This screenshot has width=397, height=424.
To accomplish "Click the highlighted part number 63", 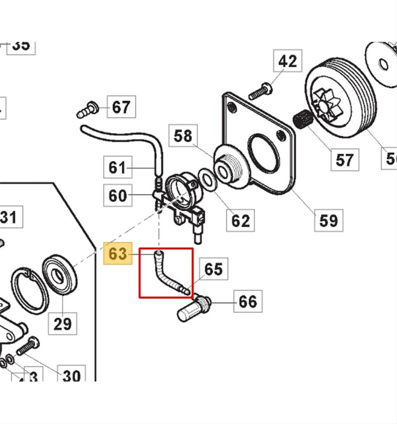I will click(x=117, y=253).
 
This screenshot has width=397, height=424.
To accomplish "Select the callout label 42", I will click(x=287, y=61).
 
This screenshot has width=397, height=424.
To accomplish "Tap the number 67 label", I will click(x=121, y=107).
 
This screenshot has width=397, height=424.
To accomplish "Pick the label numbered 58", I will click(x=183, y=136).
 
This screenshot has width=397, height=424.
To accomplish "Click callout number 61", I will click(x=117, y=167).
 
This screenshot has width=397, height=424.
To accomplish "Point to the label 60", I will click(x=117, y=195).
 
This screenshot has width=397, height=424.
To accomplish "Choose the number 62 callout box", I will click(x=240, y=220).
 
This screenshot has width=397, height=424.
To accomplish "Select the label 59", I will click(x=329, y=220).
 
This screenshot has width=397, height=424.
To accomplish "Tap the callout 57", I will click(x=344, y=159).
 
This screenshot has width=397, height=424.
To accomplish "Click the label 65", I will click(x=213, y=269).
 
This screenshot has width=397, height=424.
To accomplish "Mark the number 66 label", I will click(x=248, y=301).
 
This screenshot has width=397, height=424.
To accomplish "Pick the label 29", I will click(x=63, y=323).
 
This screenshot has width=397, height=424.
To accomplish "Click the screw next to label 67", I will click(x=88, y=110).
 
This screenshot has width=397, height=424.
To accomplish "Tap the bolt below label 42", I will click(x=260, y=92).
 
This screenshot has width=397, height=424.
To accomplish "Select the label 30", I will click(x=71, y=376).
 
